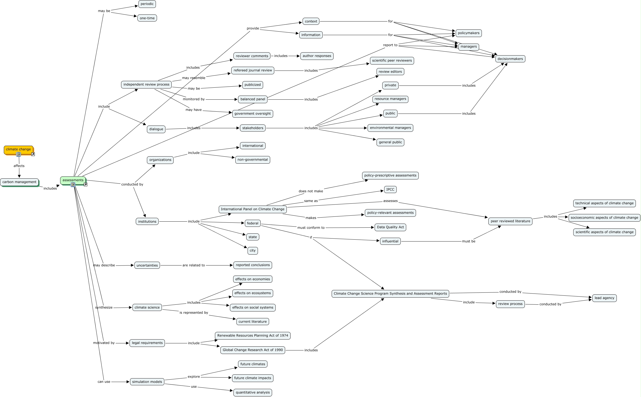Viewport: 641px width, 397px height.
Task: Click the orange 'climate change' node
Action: point(19,149)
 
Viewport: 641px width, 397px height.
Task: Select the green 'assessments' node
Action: point(73,180)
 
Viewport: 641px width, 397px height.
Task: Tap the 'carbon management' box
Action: point(19,182)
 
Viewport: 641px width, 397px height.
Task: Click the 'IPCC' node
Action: point(390,190)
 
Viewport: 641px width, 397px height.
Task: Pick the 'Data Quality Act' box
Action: point(390,227)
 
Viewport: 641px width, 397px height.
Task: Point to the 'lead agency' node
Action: point(605,298)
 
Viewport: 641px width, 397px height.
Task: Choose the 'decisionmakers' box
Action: point(510,59)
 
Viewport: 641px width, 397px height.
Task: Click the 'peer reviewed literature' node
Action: point(510,221)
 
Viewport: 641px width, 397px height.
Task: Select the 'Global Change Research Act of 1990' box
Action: point(253,350)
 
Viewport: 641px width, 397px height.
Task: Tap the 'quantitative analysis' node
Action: point(253,393)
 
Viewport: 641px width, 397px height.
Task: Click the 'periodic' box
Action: point(147,4)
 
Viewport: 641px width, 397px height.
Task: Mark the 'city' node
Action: point(253,251)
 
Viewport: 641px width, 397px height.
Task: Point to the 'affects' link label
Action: point(19,166)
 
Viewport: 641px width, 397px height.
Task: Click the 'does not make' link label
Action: point(311,191)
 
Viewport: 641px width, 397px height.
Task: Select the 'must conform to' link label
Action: point(311,228)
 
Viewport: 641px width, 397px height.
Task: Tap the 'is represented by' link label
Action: point(194,313)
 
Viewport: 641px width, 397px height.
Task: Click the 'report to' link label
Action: point(390,45)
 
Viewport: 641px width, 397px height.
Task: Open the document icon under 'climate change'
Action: point(19,154)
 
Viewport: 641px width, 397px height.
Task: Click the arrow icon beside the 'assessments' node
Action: point(85,185)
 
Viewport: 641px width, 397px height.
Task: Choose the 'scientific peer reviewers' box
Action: point(392,61)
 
